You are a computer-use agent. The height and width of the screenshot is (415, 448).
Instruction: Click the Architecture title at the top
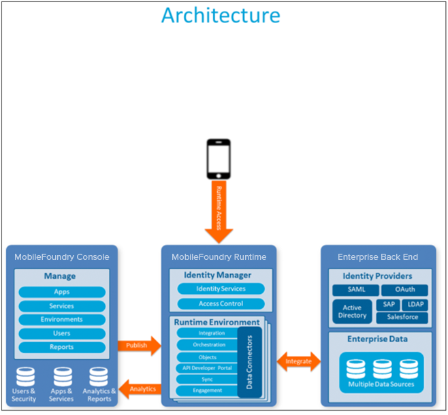[221, 15]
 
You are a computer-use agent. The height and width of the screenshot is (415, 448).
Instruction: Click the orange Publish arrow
[139, 346]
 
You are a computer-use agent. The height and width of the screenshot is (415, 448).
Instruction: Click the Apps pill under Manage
[62, 292]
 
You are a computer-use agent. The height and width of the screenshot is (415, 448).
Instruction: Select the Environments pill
[62, 320]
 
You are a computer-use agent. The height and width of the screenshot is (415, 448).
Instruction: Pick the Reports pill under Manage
[62, 347]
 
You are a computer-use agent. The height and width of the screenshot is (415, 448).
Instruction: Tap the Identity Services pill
[221, 289]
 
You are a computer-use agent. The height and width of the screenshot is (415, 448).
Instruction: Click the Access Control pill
[221, 303]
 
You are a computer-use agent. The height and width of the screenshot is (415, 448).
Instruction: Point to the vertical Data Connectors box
[249, 362]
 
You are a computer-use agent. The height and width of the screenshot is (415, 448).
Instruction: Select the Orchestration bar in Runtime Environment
[207, 345]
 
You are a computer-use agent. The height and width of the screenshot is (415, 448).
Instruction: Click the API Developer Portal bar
[207, 368]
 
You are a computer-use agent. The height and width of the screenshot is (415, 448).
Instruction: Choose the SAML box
[353, 290]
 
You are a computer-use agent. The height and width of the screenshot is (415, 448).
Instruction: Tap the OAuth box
[404, 290]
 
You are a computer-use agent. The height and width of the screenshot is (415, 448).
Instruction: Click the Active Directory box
[352, 312]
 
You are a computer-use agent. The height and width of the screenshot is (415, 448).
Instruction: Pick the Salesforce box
[402, 318]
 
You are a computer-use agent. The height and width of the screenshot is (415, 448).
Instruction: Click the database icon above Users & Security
[25, 376]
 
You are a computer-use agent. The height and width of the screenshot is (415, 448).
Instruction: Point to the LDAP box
[415, 305]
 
